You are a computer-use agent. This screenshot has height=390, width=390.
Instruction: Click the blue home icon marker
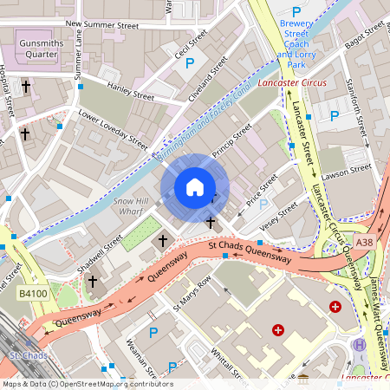[x=195, y=187]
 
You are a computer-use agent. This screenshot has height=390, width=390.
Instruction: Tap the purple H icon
[x=358, y=345]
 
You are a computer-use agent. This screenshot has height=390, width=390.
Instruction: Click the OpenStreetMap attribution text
[x=87, y=384]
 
